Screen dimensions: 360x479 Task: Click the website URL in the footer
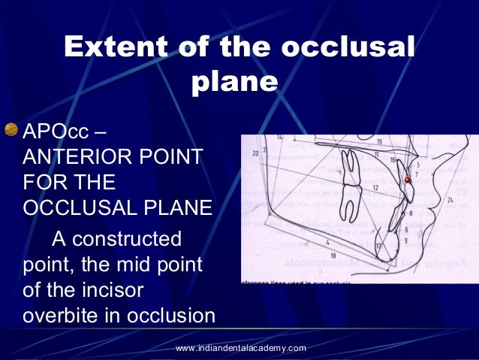pyautogui.click(x=240, y=348)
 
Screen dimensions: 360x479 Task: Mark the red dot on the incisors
pyautogui.click(x=408, y=180)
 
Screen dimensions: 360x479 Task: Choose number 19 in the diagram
pyautogui.click(x=380, y=141)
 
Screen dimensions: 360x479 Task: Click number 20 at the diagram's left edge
pyautogui.click(x=255, y=153)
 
